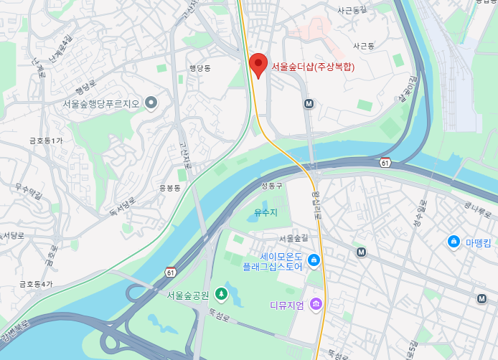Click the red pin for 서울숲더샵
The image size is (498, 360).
259,65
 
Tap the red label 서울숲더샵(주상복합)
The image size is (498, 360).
313,67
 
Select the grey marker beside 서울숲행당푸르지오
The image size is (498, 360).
151,103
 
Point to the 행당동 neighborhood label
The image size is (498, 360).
199,69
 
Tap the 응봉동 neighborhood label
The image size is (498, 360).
170,188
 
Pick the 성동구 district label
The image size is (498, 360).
273,186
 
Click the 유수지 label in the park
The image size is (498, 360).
266,212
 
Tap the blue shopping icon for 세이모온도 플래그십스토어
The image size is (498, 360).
313,260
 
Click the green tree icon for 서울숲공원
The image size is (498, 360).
222,294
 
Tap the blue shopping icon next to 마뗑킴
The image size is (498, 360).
454,242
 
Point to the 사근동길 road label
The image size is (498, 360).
352,10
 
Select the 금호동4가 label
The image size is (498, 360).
36,284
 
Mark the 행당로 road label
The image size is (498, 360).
86,90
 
